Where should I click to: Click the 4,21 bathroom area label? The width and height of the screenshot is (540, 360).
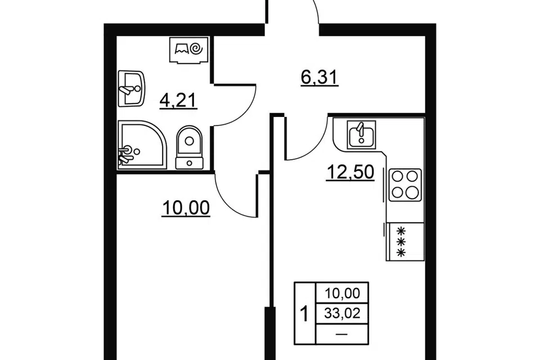(178, 101)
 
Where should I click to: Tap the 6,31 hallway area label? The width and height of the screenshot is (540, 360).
(319, 78)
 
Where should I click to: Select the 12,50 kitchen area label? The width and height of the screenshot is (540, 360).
(350, 172)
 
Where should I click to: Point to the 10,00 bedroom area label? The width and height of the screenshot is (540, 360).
(186, 209)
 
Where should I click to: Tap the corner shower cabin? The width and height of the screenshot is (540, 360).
(142, 145)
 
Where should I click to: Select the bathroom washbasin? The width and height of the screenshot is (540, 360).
(131, 88)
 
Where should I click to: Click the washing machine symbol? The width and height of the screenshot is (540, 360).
(189, 50)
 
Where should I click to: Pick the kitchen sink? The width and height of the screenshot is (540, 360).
(361, 134)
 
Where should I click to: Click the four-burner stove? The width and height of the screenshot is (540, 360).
(405, 185)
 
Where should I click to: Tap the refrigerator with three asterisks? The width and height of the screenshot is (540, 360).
(405, 241)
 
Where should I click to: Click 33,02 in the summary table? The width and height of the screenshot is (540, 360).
(343, 313)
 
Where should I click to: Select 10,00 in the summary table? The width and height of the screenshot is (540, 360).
(343, 293)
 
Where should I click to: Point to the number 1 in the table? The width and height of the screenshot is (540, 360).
(304, 315)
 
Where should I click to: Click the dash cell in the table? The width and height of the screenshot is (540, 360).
(341, 334)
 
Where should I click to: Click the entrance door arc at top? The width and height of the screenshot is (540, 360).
(316, 10)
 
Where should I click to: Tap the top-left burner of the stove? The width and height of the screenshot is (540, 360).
(398, 177)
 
